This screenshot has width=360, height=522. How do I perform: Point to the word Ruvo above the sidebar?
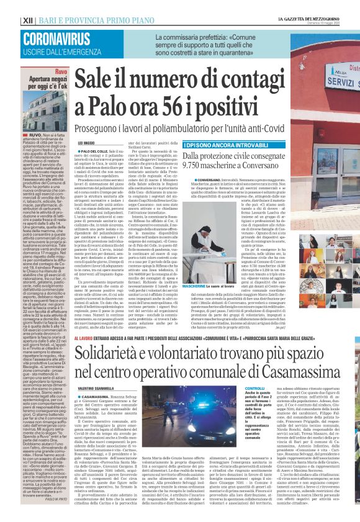(x=61, y=73)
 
